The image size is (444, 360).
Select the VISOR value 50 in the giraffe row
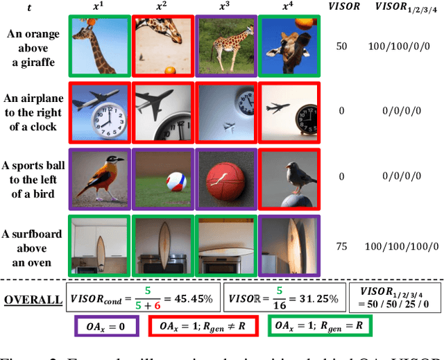[341, 45]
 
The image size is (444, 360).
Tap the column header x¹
[100, 6]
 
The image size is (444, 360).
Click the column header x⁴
[286, 6]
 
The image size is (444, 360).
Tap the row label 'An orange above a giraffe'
[33, 45]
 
